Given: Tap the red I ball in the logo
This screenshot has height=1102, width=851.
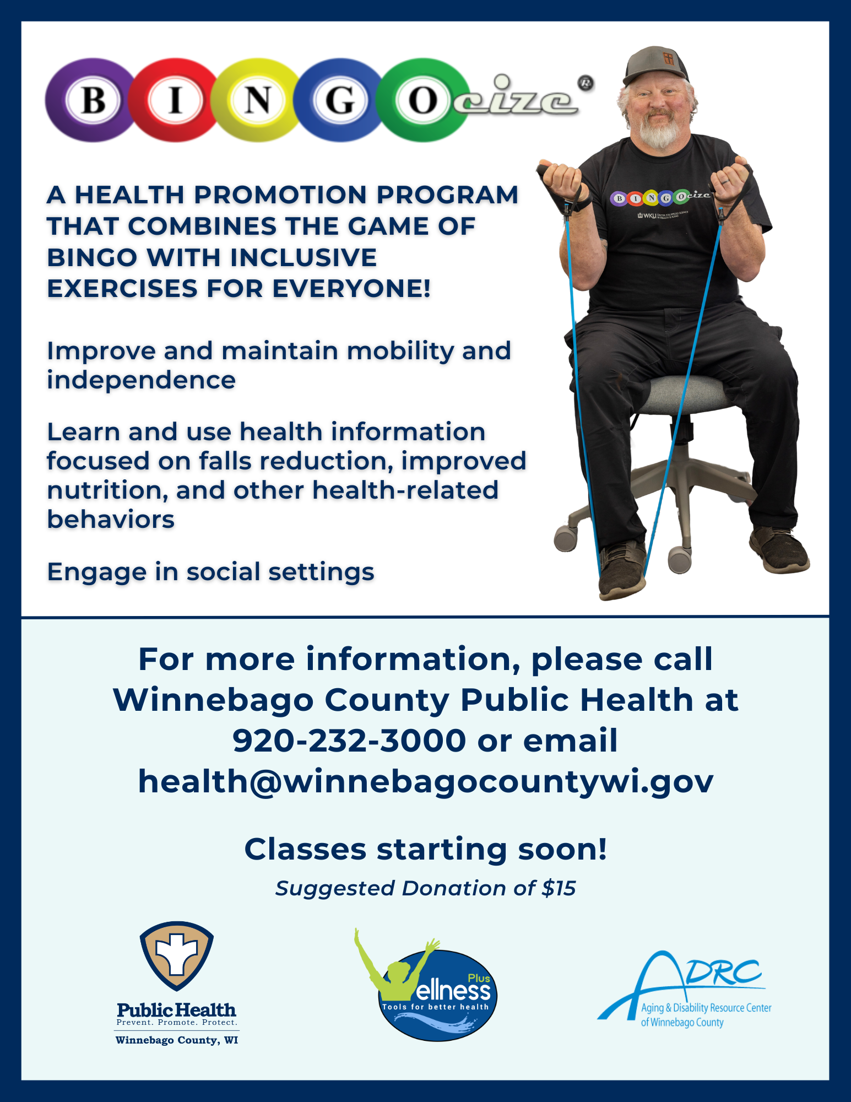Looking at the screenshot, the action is [175, 100].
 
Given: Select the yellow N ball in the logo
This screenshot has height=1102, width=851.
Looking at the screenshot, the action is [257, 100].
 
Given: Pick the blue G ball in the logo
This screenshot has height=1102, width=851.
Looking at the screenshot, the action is [339, 100].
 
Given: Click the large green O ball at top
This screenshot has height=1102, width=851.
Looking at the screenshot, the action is [423, 100].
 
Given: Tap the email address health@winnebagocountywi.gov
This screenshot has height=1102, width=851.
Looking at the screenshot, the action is [426, 781].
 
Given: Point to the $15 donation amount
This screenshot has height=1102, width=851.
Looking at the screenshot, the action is [559, 888].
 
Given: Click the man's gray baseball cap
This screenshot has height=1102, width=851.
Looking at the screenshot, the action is [656, 65].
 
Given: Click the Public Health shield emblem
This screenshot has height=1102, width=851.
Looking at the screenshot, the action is [177, 955].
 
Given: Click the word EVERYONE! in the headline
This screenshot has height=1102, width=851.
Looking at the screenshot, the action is [351, 289].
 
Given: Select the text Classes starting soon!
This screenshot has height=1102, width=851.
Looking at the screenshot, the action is [426, 849].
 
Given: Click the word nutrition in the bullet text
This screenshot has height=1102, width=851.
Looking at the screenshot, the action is [107, 490].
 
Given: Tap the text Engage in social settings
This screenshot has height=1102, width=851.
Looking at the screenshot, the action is [211, 572].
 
